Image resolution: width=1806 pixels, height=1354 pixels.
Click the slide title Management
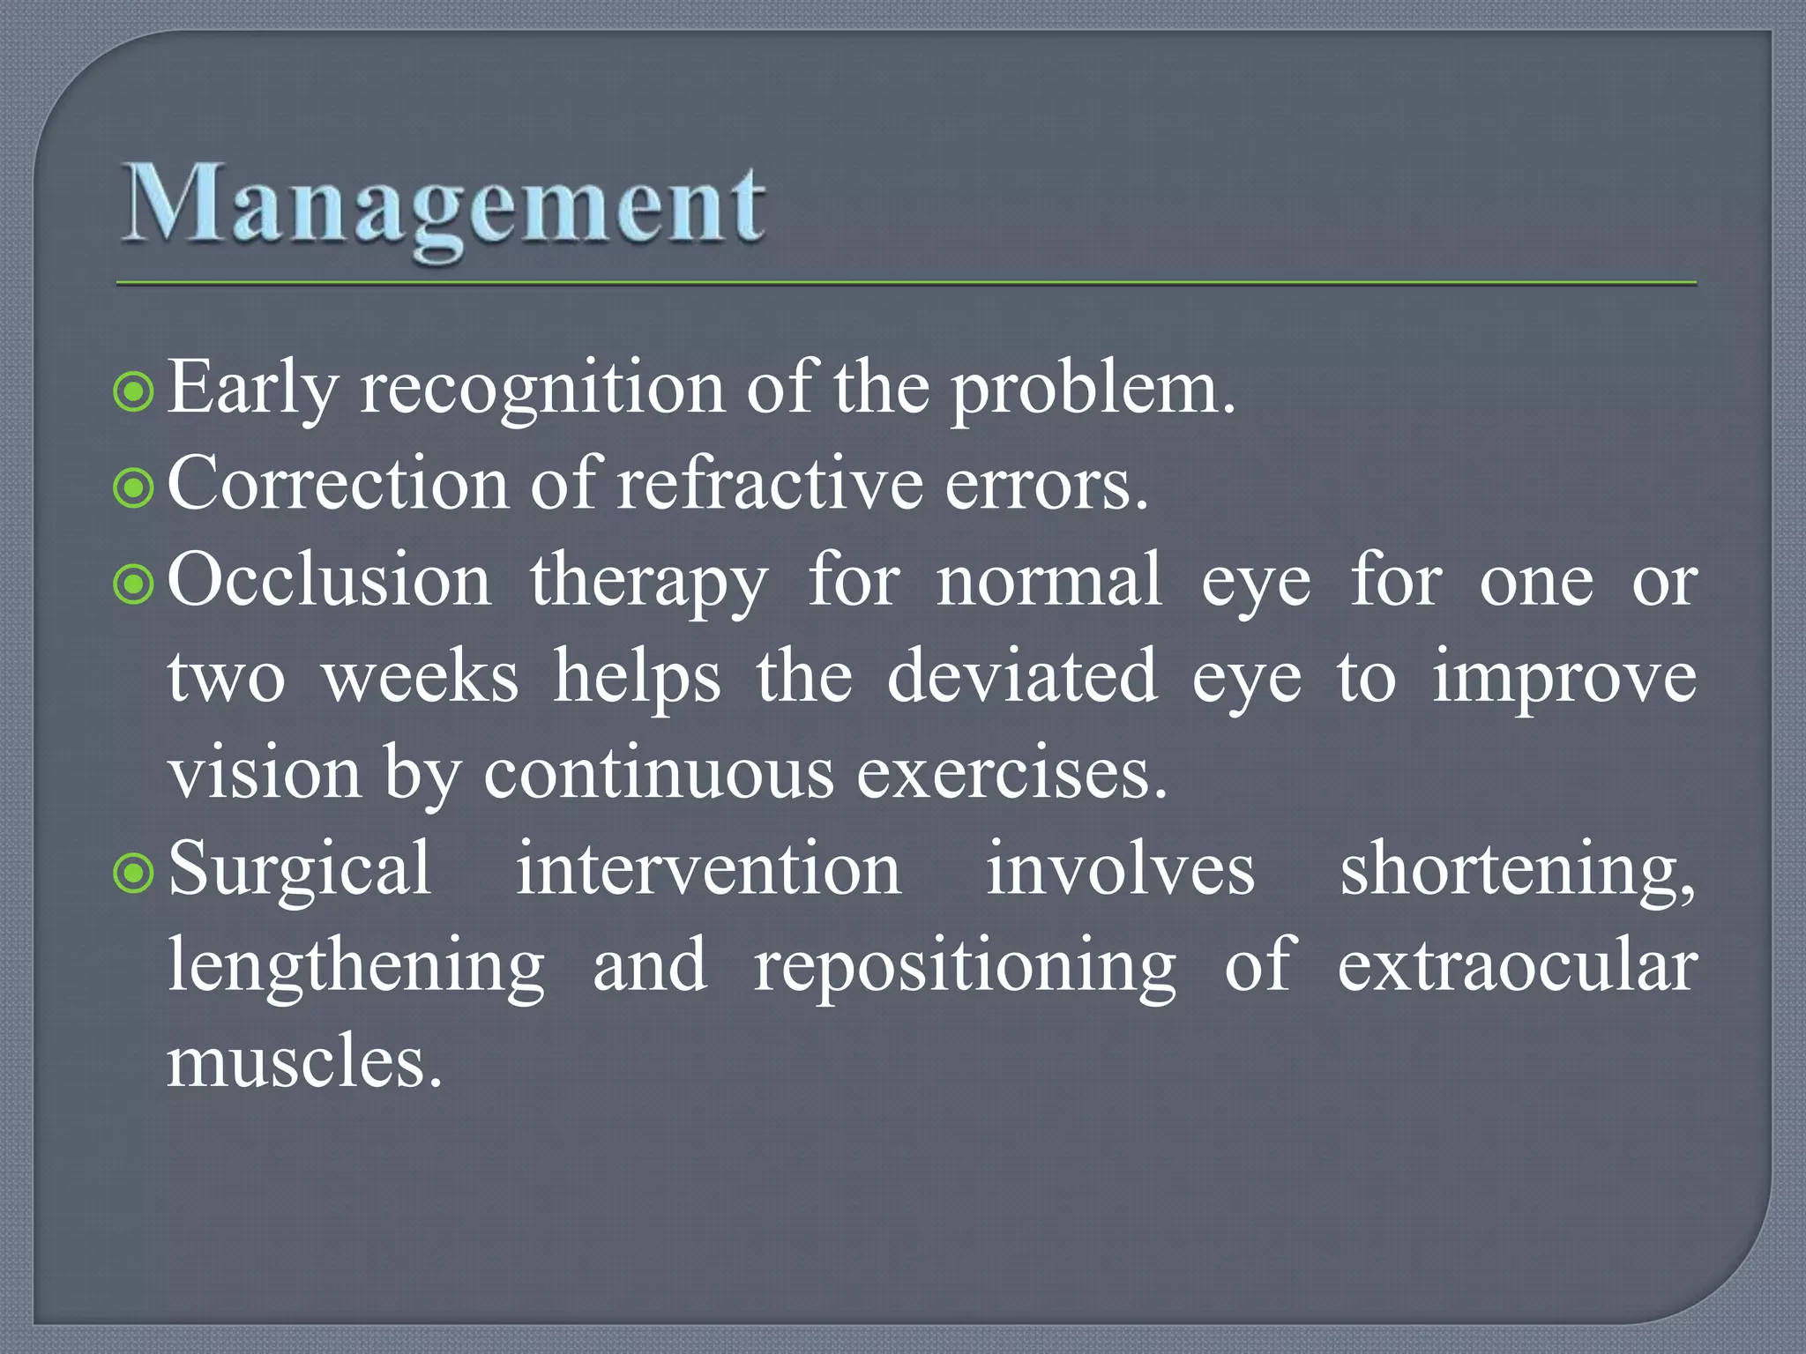tap(443, 207)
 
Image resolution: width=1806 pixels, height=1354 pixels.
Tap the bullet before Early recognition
tap(134, 392)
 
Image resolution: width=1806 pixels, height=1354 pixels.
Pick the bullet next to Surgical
tap(134, 873)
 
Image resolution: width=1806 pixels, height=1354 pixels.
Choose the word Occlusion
tap(329, 581)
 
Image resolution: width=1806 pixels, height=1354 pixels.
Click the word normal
tap(1049, 581)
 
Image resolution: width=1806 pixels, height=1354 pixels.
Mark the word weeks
tap(420, 677)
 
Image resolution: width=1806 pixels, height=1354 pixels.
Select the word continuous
tap(658, 773)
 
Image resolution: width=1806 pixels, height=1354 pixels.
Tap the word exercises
tap(1011, 773)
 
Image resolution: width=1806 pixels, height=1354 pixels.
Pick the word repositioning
tap(965, 967)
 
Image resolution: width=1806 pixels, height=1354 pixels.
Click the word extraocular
tap(1517, 967)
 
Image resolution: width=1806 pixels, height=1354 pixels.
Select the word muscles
tap(303, 1062)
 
